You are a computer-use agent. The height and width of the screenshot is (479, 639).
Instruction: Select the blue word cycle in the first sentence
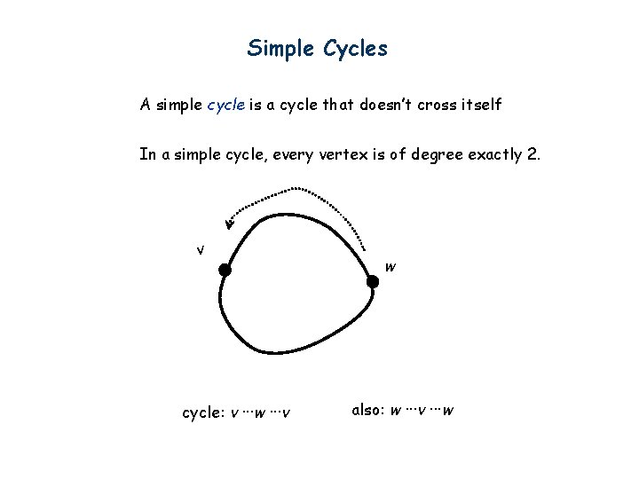click(x=226, y=105)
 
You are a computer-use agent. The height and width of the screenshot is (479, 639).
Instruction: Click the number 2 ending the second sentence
click(x=531, y=154)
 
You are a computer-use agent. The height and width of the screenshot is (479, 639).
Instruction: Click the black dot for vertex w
click(x=373, y=282)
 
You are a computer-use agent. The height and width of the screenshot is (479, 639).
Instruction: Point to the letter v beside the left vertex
click(x=201, y=249)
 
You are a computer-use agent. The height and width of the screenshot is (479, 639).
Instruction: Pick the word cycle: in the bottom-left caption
click(x=203, y=412)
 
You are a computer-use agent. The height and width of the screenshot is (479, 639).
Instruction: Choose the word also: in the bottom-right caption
click(x=368, y=410)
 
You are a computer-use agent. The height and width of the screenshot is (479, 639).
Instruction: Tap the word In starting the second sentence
click(x=146, y=154)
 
